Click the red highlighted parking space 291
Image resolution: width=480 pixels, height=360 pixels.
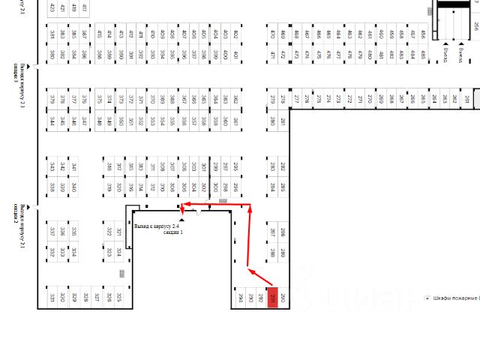[273, 298]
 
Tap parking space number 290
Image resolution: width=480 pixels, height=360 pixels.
[283, 298]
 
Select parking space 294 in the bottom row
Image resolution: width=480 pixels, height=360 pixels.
[241, 298]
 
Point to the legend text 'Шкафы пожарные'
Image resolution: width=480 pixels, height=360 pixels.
[454, 298]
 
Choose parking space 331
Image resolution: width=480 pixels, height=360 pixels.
[52, 298]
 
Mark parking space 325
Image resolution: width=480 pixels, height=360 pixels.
[118, 298]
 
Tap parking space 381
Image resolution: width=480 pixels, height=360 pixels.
[235, 121]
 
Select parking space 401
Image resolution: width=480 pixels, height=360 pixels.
[235, 55]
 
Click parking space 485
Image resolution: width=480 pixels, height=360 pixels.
[423, 55]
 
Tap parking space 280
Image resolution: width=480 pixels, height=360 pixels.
[272, 121]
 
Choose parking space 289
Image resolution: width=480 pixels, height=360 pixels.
[283, 253]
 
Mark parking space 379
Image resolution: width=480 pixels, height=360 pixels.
[52, 98]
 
